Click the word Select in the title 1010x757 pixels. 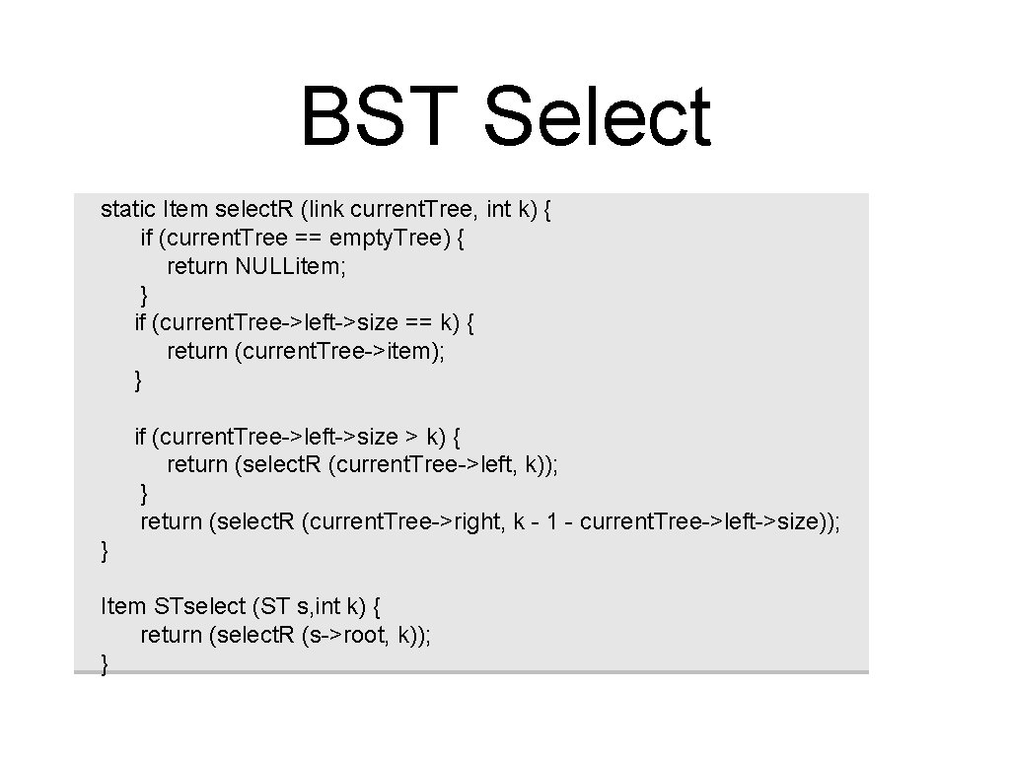pyautogui.click(x=597, y=116)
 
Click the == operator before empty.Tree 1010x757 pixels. pyautogui.click(x=306, y=238)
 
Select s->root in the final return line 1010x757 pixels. pyautogui.click(x=350, y=635)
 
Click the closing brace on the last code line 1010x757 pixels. pyautogui.click(x=106, y=665)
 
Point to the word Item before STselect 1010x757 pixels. pyautogui.click(x=124, y=606)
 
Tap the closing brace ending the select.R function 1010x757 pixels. pyautogui.click(x=106, y=551)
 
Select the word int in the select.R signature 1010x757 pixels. pyautogui.click(x=499, y=209)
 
